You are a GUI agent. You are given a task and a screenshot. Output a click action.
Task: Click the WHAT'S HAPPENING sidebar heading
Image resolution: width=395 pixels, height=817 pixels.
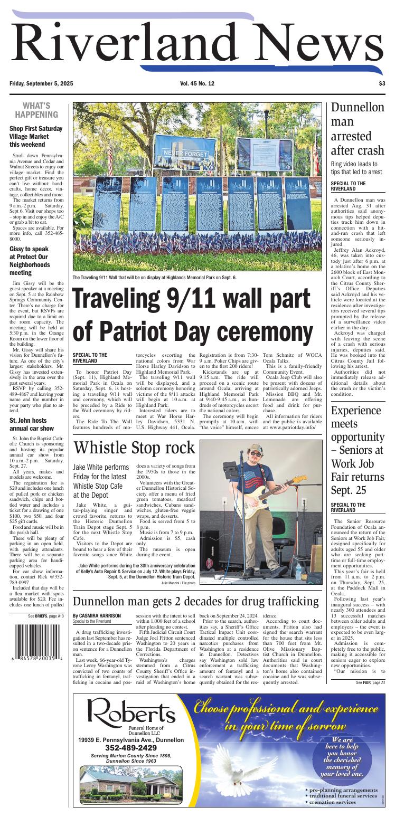coord(36,110)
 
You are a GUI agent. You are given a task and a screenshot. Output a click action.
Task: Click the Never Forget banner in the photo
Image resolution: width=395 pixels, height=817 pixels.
coord(182,153)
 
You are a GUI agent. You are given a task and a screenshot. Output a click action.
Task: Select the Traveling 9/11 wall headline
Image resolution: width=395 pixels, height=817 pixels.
coord(193,316)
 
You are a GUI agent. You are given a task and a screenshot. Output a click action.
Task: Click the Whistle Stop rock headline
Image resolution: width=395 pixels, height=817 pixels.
coord(135,448)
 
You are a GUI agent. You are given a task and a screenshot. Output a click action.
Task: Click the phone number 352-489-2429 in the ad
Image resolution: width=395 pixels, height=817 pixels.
coord(130,747)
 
